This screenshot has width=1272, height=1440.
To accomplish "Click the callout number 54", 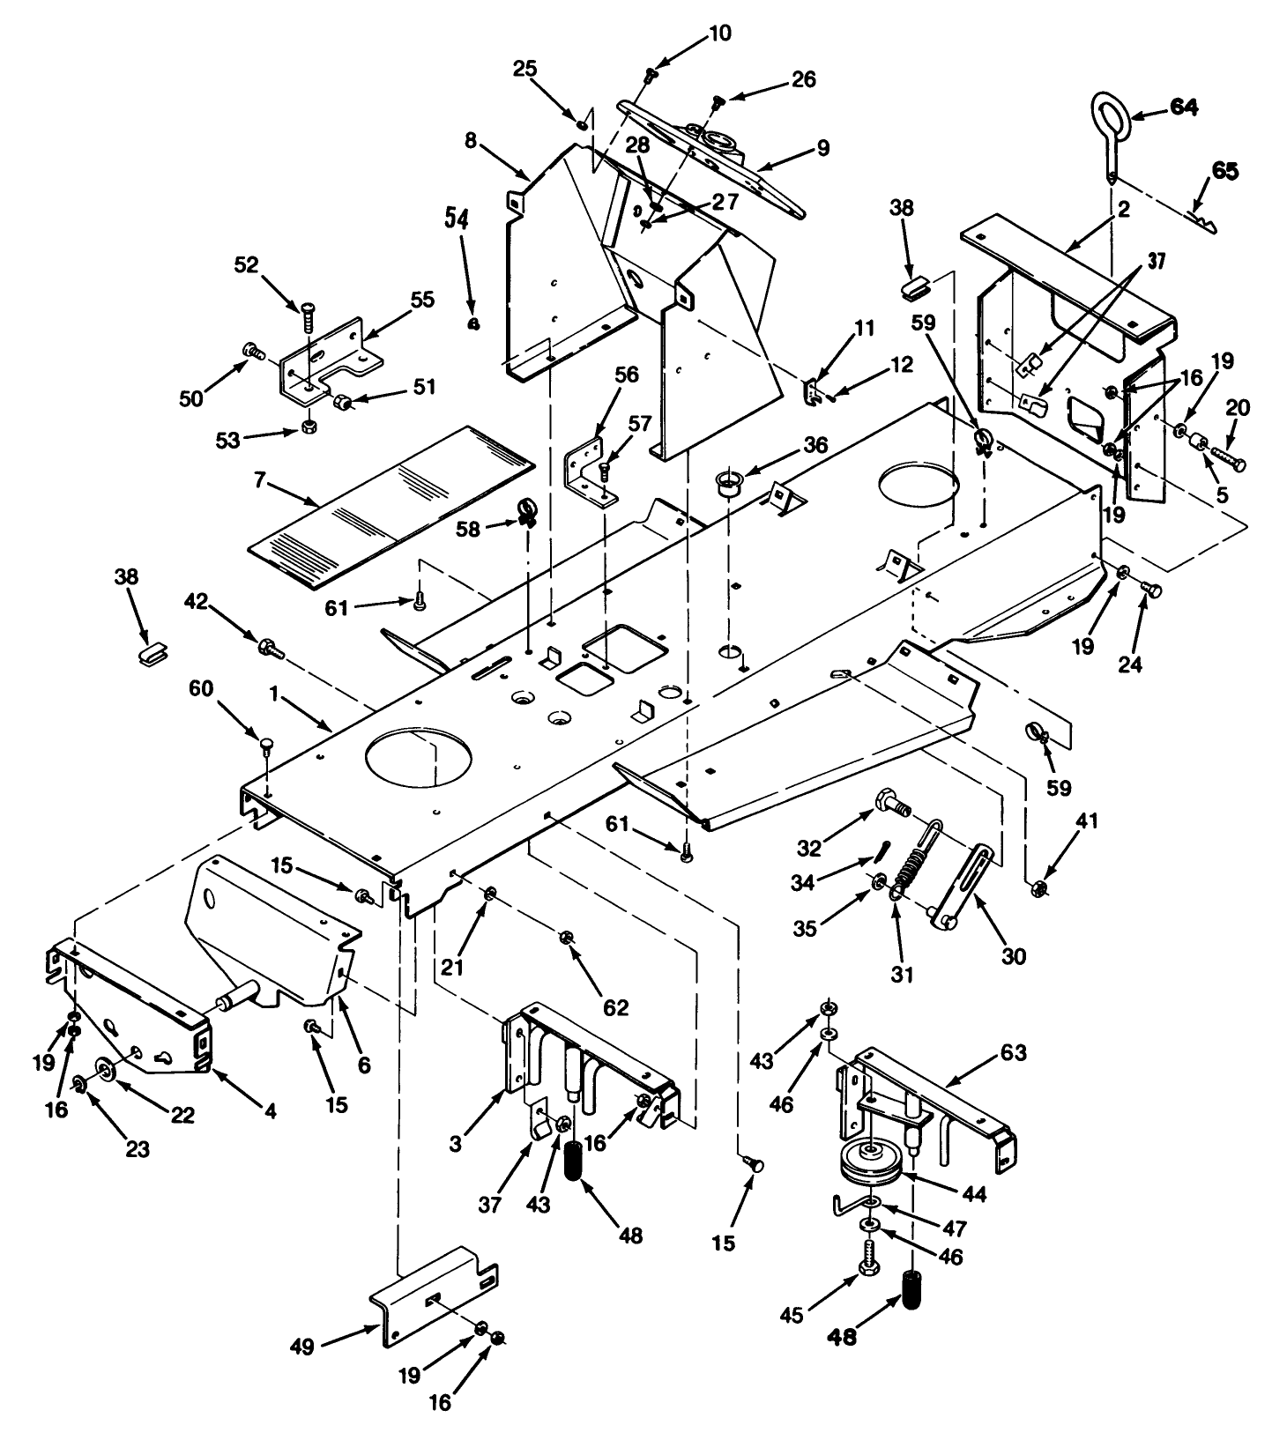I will pos(465,219).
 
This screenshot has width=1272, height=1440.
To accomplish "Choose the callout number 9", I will pos(822,147).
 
